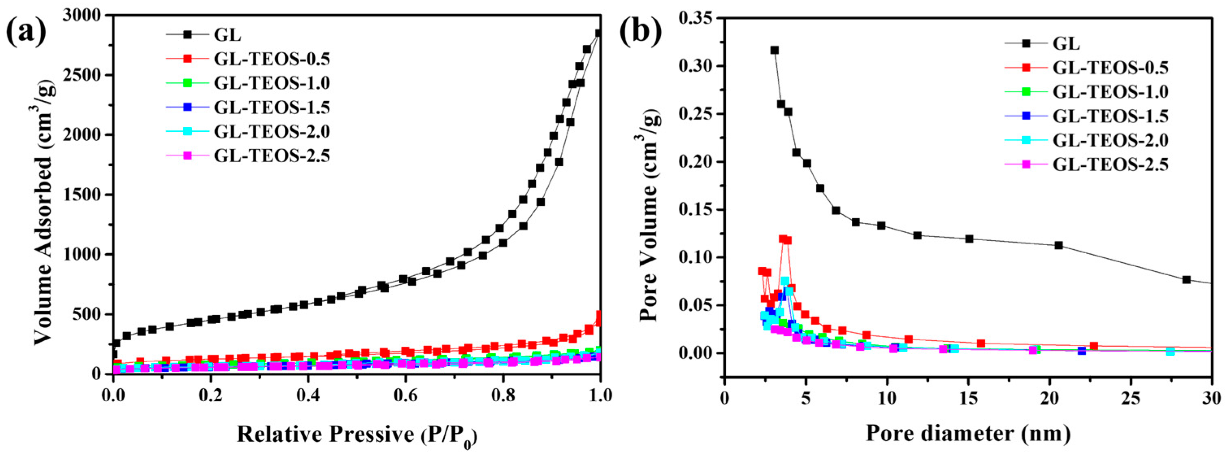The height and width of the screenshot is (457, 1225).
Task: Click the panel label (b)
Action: coord(641,31)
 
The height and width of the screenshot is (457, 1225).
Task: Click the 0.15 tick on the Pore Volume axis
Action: coord(696,210)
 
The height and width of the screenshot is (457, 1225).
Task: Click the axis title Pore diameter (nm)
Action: coord(968,433)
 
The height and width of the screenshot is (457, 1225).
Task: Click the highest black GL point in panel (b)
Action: coord(775,50)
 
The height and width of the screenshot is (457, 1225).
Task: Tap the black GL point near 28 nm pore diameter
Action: coord(1186,280)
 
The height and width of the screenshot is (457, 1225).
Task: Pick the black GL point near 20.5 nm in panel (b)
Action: coord(1058,245)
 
